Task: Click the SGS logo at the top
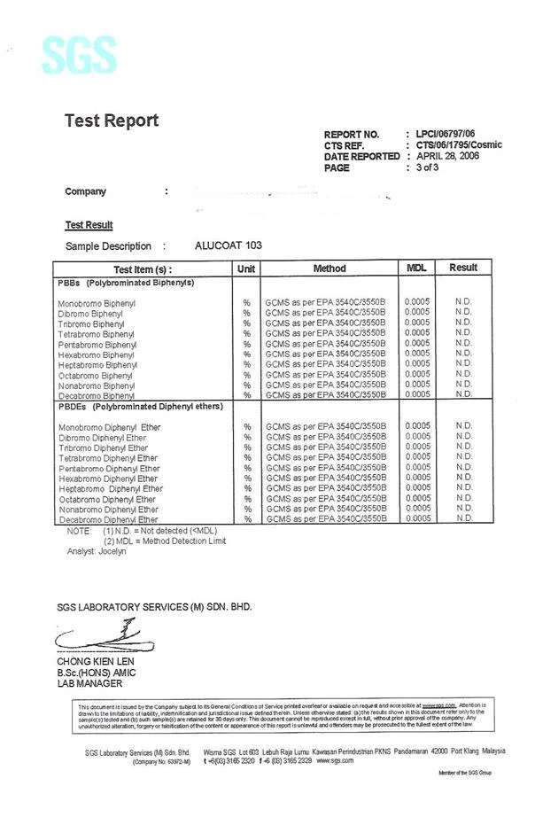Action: pos(79,55)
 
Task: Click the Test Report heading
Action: pos(112,121)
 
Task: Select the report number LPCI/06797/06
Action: pos(452,133)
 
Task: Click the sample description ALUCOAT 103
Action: pos(228,245)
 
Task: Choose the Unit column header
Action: pos(247,268)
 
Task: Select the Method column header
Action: pos(330,268)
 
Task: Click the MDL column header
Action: pos(416,268)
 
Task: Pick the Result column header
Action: pos(463,268)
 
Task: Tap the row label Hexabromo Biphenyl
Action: pos(97,354)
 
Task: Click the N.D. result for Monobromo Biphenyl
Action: pos(463,302)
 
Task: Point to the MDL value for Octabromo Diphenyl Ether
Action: pos(417,499)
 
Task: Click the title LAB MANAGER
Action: pos(89,683)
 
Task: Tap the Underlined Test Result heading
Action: pos(89,225)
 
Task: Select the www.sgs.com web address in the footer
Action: pos(335,760)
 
